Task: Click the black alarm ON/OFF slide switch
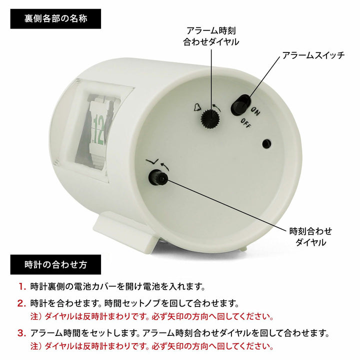[240, 105]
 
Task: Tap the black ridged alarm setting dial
[210, 118]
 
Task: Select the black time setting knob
[158, 177]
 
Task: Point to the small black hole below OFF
[266, 144]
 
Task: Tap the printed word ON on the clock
[254, 111]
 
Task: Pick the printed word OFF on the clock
[246, 123]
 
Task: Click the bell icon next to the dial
[196, 107]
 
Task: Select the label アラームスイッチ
[313, 55]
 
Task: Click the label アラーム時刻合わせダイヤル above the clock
[211, 36]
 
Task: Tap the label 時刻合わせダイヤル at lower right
[310, 236]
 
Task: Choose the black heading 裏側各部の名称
[55, 19]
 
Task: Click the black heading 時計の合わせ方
[55, 264]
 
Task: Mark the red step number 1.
[22, 287]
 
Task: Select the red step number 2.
[22, 304]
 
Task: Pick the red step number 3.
[22, 333]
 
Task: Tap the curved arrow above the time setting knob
[164, 166]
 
